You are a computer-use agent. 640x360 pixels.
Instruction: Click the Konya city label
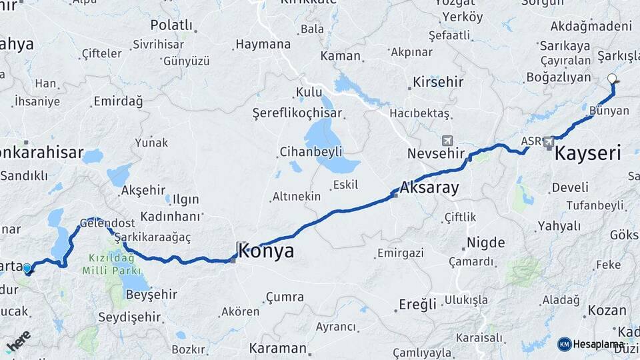tap(265, 251)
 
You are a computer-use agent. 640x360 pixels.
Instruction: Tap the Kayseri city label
tap(588, 154)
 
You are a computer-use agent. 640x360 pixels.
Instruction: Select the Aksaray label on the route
tap(430, 187)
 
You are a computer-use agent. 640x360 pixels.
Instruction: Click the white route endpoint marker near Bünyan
tap(613, 79)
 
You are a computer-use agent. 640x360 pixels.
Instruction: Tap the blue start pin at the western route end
tap(27, 269)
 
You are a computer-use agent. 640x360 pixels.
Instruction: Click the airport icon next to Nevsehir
tap(447, 141)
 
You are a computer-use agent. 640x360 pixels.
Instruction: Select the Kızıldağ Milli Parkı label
tap(112, 264)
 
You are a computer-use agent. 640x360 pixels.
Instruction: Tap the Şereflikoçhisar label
tap(297, 114)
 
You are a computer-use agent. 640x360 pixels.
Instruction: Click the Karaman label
tap(277, 348)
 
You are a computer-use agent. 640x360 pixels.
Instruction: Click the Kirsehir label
tap(438, 82)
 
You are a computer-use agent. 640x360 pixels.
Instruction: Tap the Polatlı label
tap(171, 25)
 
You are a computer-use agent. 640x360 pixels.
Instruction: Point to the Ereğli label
tap(417, 304)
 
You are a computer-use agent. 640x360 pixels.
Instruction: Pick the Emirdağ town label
tap(118, 101)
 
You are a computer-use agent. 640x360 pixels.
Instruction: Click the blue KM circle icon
tap(564, 344)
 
